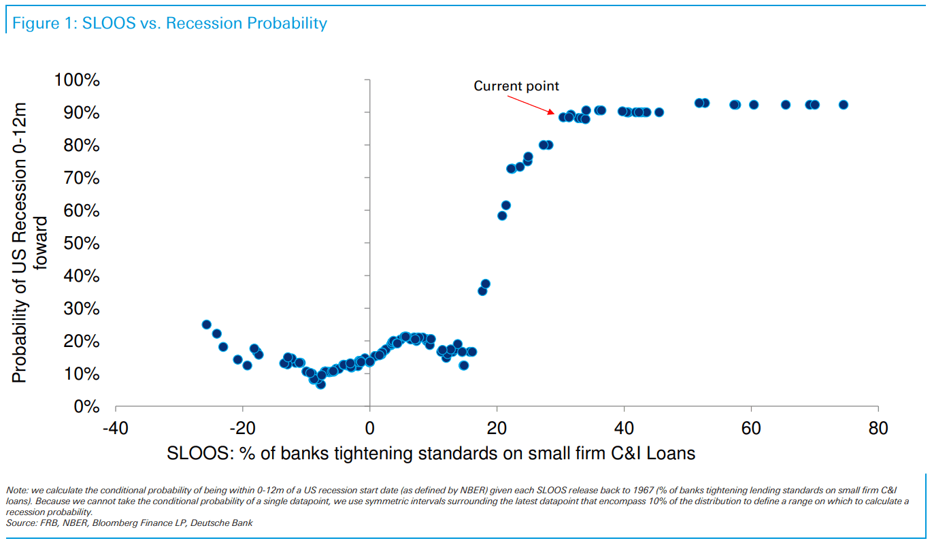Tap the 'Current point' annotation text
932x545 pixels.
516,86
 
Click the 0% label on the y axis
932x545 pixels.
86,407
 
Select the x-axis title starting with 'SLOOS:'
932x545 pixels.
431,453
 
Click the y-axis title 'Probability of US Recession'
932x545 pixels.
20,243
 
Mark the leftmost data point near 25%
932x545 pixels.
206,325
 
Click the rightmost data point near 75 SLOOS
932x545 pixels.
844,105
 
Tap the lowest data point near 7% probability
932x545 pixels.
320,384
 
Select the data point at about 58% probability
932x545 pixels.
502,216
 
